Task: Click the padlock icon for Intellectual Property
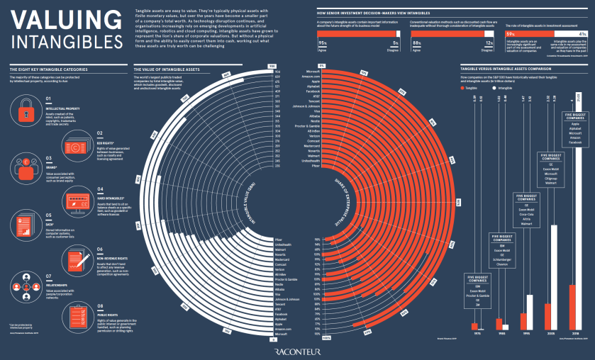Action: click(25, 108)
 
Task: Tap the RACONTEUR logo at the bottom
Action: click(297, 349)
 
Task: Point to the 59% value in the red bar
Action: click(509, 34)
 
